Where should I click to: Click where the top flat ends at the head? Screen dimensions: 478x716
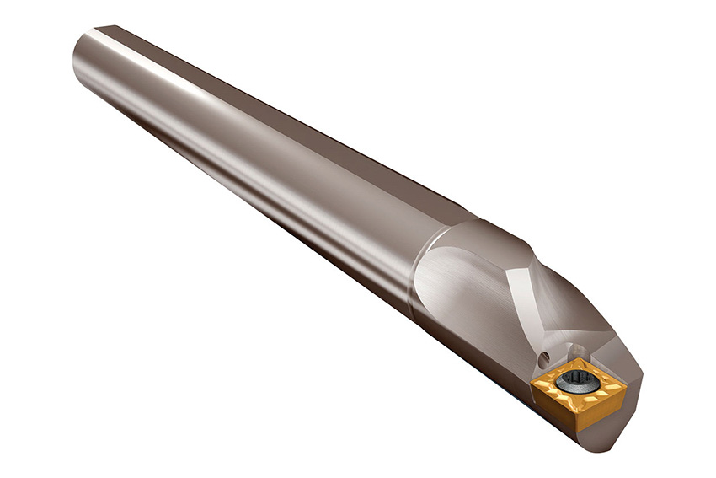(x=472, y=211)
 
